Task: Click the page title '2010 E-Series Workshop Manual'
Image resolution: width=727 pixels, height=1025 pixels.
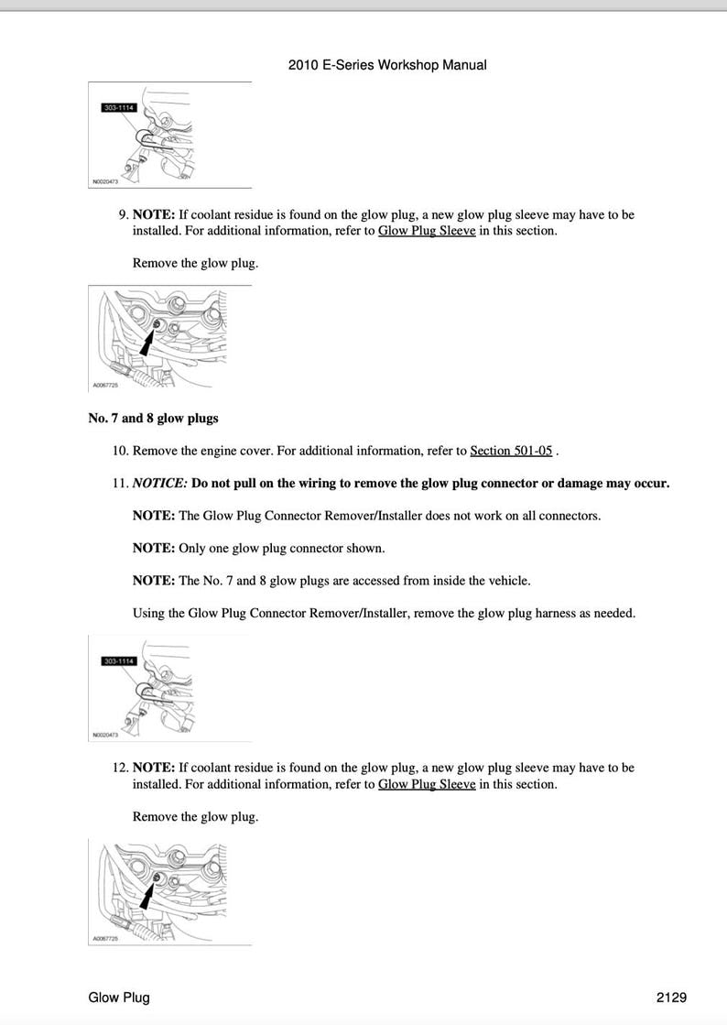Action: [x=386, y=65]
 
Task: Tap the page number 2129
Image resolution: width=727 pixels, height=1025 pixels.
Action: [x=671, y=998]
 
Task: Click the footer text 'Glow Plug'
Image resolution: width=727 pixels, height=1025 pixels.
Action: [x=119, y=998]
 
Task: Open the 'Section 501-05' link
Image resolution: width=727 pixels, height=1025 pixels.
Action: [x=511, y=451]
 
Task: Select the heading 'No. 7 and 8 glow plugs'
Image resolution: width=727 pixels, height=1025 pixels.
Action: [x=153, y=419]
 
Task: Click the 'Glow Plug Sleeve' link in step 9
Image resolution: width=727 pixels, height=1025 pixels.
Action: [x=427, y=231]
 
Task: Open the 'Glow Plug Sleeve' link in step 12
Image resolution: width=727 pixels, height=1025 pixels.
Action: [x=427, y=784]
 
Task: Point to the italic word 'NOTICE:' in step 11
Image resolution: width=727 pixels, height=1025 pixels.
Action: [x=159, y=483]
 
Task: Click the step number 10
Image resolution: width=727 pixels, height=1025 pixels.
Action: [x=120, y=451]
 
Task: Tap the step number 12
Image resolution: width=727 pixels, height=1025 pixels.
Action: [x=120, y=768]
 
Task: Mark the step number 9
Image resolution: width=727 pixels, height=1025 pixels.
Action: [x=123, y=214]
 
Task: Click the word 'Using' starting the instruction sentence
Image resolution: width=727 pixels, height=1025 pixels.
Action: [x=149, y=613]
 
